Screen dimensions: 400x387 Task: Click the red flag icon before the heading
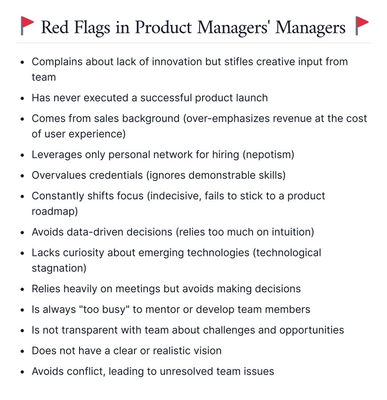click(28, 26)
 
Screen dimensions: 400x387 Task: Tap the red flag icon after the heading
click(362, 26)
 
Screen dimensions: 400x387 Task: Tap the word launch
click(251, 98)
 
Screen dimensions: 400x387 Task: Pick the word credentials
click(116, 175)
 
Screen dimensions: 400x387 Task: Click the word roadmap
click(53, 211)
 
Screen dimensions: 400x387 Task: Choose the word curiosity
click(84, 252)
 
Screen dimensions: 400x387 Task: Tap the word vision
click(206, 350)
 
